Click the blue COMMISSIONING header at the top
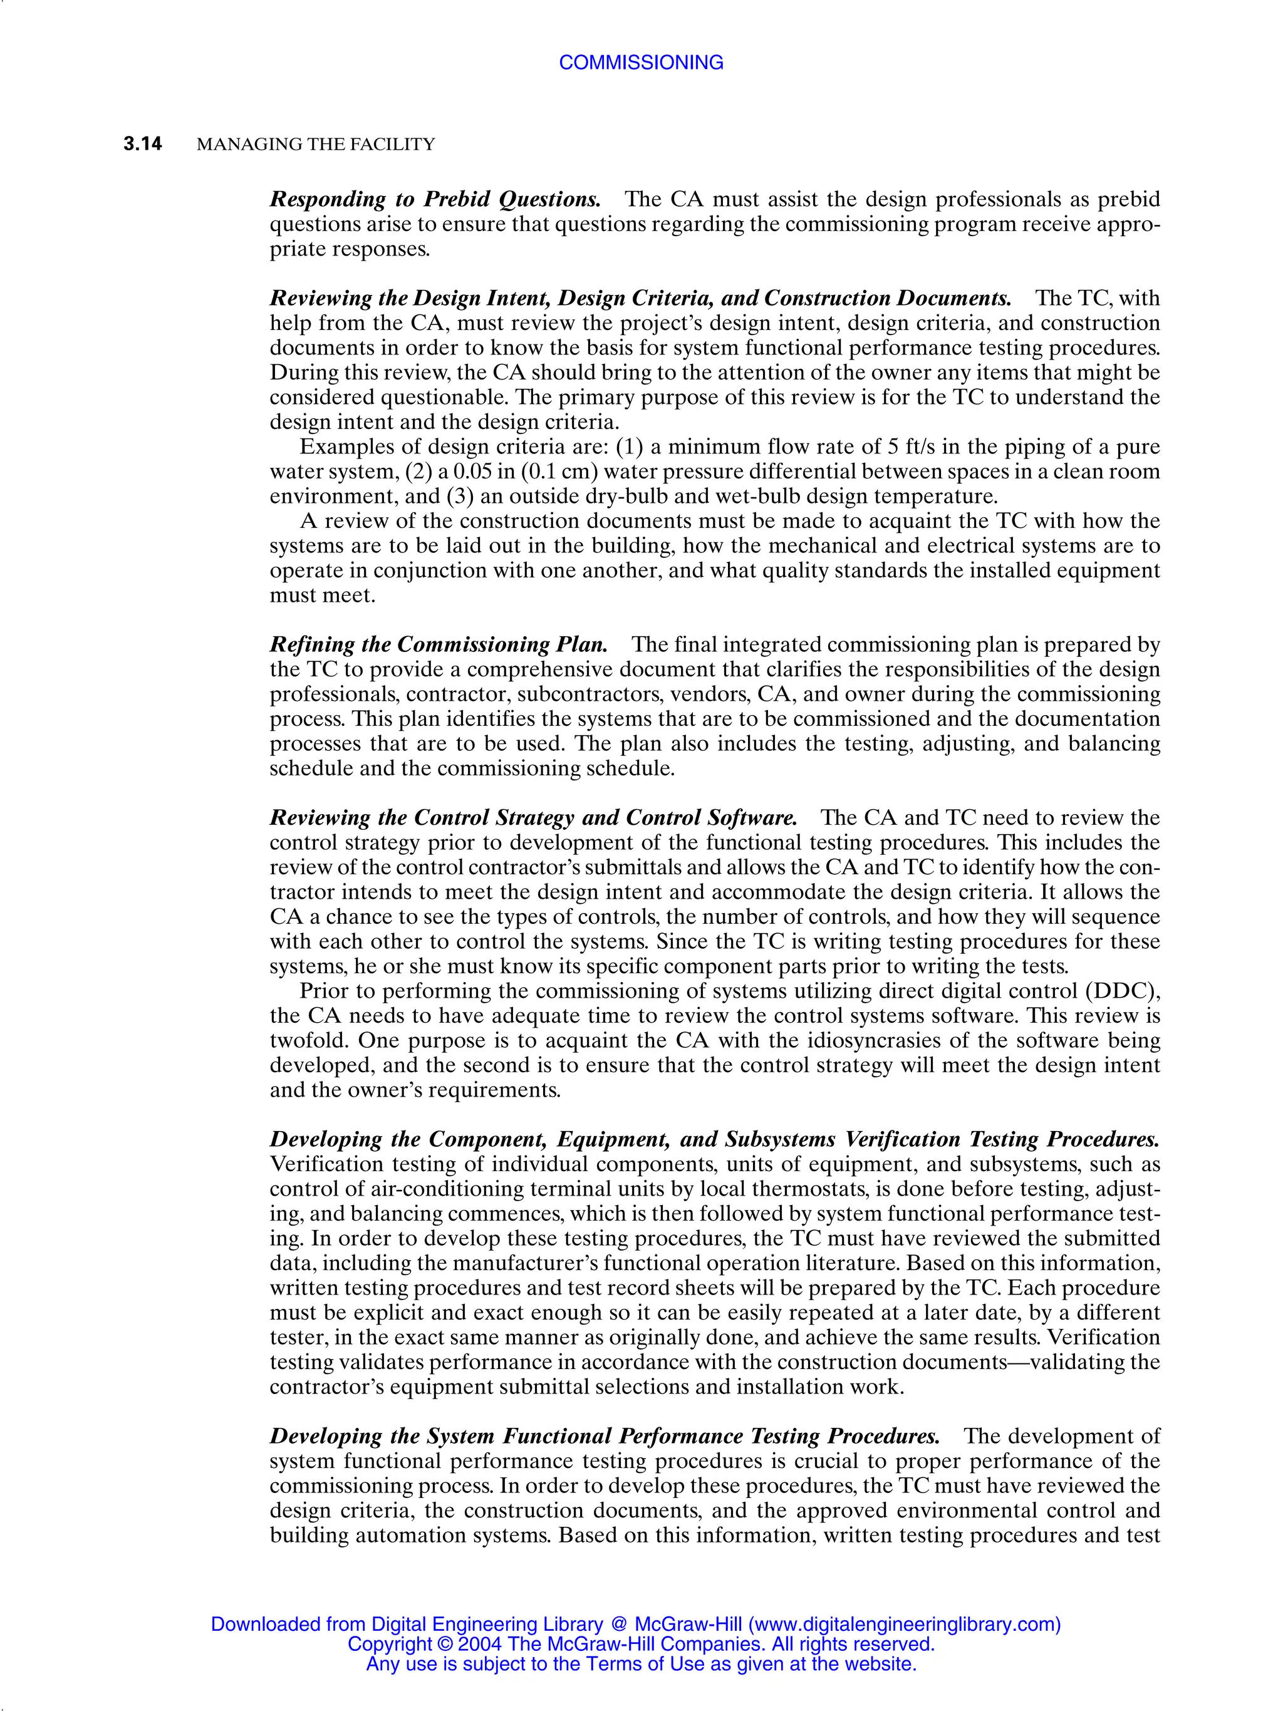point(641,63)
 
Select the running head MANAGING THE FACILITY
point(316,145)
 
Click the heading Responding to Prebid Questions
point(435,200)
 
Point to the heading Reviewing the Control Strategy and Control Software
point(533,817)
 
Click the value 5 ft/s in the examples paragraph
point(912,447)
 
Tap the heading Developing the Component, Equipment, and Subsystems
point(553,1139)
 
